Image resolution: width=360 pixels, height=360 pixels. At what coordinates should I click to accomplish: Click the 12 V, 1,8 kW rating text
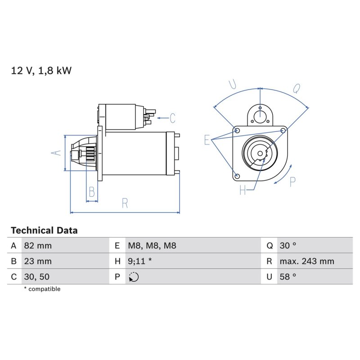click(41, 71)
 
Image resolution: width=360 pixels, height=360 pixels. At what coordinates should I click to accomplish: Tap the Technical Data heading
click(44, 230)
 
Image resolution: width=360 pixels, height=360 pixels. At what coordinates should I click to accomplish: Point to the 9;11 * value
click(139, 261)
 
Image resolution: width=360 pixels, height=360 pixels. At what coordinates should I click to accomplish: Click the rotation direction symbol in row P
click(134, 277)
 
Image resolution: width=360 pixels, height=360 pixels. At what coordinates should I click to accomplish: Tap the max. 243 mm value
click(307, 261)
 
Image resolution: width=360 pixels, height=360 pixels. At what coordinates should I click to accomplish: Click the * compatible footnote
click(42, 289)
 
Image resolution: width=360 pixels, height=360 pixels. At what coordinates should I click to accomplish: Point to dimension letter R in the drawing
click(125, 203)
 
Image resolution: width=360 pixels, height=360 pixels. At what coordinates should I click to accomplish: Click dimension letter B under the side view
click(92, 192)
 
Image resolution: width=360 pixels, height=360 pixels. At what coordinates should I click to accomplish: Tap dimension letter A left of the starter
click(56, 153)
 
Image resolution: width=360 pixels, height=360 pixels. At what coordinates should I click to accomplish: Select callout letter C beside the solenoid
click(173, 118)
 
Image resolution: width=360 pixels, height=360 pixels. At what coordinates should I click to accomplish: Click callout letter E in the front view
click(207, 140)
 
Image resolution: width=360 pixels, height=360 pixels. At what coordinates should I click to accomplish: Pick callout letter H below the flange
click(243, 190)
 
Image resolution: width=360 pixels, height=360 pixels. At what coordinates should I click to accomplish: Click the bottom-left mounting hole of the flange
click(238, 176)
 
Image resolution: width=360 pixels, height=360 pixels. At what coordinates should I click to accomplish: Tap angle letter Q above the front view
click(297, 88)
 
